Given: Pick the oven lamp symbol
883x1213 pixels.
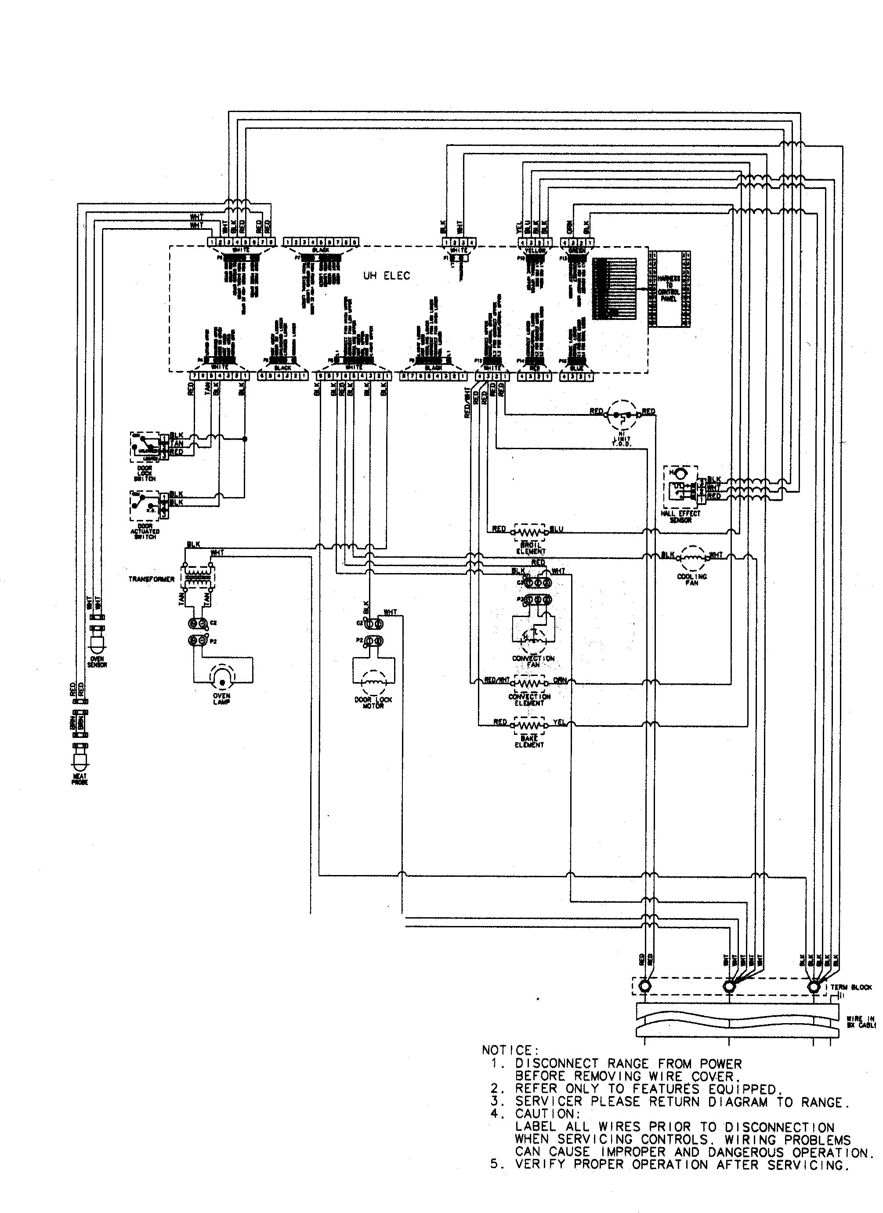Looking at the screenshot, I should coord(222,676).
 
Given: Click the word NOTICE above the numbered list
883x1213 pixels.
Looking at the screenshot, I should coord(510,1051).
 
